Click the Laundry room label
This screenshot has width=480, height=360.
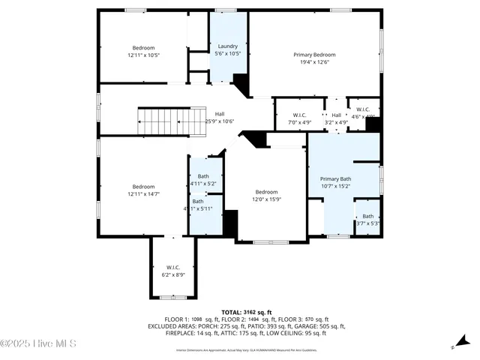coord(227,46)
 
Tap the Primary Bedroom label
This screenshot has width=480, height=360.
coord(314,55)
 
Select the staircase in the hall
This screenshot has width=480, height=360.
coord(172,118)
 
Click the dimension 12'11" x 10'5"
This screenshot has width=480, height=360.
coord(143,55)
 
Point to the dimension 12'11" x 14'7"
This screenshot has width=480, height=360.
coord(143,194)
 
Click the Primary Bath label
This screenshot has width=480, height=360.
coord(335,178)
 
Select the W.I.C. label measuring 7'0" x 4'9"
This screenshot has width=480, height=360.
coord(299,121)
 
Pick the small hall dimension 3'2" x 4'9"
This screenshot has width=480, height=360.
coord(336,121)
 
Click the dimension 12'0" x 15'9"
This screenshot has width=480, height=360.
coord(265,199)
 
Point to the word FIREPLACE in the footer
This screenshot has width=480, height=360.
coord(182,333)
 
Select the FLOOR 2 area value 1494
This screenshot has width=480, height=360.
coord(243,319)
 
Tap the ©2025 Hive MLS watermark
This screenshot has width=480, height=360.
coord(38,344)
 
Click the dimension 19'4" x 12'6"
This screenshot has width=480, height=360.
coord(314,62)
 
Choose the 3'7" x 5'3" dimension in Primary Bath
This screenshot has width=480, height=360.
coord(367,223)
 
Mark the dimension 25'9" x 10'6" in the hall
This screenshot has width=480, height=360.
coord(220,121)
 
